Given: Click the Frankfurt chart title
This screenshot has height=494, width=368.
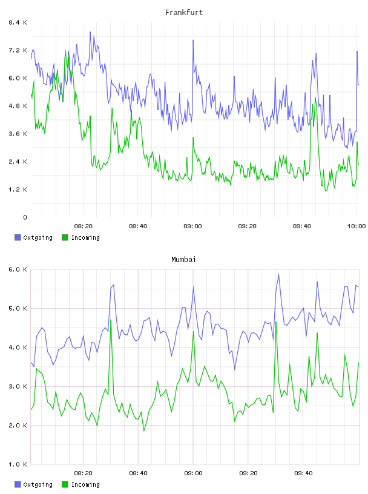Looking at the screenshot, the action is (184, 13).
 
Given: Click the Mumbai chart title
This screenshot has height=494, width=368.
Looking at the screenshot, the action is (183, 260).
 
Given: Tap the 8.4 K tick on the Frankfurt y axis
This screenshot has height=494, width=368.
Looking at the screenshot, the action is (18, 22).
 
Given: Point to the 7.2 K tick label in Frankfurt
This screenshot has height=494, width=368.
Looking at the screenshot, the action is (18, 50).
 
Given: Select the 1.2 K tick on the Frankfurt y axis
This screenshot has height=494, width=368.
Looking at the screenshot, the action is (18, 189).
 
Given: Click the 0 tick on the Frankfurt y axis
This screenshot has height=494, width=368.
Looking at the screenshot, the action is (25, 217).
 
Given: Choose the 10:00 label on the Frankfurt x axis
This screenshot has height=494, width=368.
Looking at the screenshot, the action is (356, 226).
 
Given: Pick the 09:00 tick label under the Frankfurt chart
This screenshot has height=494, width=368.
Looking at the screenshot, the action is (192, 226).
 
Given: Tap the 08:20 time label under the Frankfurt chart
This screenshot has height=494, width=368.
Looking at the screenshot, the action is (83, 226).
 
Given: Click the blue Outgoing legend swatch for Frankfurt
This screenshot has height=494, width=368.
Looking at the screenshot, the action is (18, 237).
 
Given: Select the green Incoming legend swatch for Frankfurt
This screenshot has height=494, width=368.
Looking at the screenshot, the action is (65, 237).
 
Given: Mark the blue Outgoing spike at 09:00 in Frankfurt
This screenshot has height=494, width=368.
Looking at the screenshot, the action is (193, 41).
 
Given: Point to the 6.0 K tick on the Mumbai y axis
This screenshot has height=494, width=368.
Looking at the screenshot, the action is (18, 269).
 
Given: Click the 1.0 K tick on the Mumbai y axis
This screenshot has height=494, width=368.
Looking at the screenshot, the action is (18, 464).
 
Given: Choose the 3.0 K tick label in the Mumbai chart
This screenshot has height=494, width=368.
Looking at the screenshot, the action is (18, 386).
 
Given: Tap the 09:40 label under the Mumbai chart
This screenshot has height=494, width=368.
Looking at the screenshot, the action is (303, 473).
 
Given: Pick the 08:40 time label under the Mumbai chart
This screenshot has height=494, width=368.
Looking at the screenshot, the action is (138, 473).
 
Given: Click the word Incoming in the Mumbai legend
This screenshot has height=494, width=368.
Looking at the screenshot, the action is (85, 484).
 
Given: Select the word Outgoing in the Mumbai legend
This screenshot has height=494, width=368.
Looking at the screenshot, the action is (38, 484).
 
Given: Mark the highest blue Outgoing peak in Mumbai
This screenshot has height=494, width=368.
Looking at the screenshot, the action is (278, 274).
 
